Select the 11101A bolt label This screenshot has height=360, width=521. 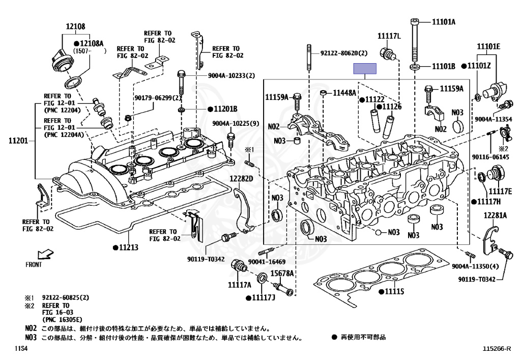tap(444, 22)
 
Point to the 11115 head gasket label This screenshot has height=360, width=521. tap(394, 291)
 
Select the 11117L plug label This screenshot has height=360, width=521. tap(389, 36)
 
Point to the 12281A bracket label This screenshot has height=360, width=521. tap(495, 215)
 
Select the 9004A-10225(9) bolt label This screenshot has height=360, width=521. tap(236, 123)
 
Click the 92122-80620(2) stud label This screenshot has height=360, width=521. tap(344, 53)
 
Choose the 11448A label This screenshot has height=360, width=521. tap(344, 93)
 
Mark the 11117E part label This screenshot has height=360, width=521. tap(500, 191)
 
